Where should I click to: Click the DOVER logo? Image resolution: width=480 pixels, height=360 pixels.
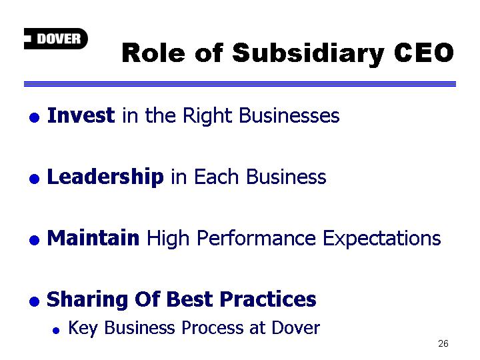[x=56, y=39]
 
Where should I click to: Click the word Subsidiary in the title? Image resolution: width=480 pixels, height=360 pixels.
[x=308, y=54]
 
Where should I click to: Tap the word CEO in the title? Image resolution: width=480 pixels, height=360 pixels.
[x=424, y=53]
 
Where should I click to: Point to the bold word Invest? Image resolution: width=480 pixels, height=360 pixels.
[x=81, y=115]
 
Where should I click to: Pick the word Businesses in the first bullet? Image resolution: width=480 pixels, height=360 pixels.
[x=289, y=115]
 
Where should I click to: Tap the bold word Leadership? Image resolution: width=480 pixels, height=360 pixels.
[x=105, y=177]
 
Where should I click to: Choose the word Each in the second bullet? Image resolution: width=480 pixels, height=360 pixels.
[x=216, y=177]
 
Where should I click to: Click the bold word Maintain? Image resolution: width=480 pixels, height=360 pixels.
[x=93, y=237]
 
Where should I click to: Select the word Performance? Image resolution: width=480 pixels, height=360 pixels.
[x=256, y=238]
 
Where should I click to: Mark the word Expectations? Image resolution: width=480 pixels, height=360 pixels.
[x=382, y=239]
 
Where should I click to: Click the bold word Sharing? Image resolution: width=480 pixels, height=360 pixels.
[x=87, y=300]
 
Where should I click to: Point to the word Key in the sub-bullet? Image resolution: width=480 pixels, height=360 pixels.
[x=83, y=328]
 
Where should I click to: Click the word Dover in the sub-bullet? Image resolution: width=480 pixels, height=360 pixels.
[x=296, y=327]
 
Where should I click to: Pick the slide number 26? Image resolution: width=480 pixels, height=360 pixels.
[x=443, y=343]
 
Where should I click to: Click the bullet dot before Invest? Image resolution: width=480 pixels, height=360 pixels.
[x=34, y=117]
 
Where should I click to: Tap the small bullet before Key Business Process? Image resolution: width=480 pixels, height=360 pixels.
[x=56, y=331]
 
